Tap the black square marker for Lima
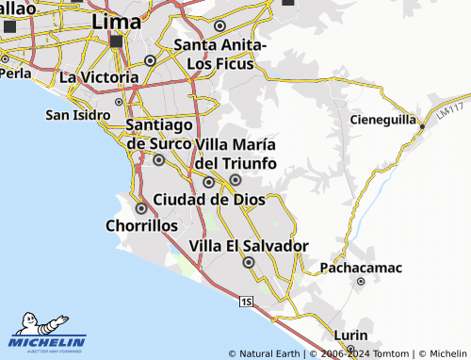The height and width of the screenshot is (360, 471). (117, 42)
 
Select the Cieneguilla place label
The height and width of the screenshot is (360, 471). (382, 120)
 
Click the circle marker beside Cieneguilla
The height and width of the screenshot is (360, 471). (422, 125)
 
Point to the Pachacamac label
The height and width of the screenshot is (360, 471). (361, 268)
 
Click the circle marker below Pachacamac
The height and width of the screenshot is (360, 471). (360, 281)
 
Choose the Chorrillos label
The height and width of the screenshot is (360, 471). (141, 226)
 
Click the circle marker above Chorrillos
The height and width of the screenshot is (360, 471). (141, 208)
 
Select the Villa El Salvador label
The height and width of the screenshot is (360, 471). (249, 246)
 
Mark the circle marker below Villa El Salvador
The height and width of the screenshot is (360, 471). (249, 263)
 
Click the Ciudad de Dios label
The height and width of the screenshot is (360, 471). (208, 199)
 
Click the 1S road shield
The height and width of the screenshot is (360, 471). (246, 302)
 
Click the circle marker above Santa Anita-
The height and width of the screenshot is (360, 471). (220, 26)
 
